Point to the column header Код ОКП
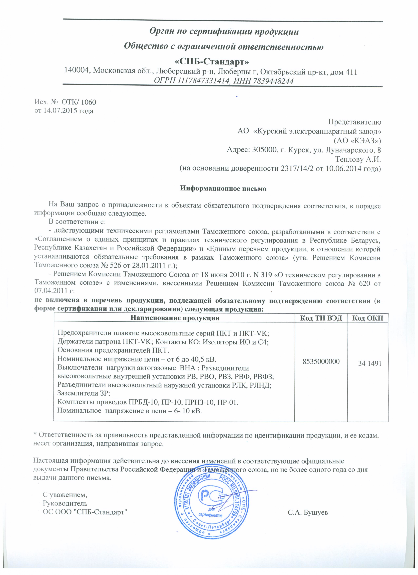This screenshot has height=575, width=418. (x=368, y=318)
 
